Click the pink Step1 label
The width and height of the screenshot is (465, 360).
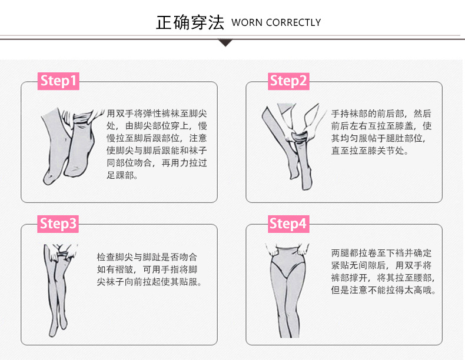[x=58, y=81]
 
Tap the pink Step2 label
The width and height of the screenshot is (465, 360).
[x=288, y=81]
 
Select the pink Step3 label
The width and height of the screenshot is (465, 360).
[x=58, y=224]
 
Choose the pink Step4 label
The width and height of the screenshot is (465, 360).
[x=288, y=224]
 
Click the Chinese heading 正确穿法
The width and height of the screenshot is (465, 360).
[x=190, y=22]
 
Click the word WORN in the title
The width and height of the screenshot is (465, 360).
[x=247, y=23]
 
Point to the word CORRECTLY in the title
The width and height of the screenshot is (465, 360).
[x=293, y=23]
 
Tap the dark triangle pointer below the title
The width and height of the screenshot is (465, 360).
[x=226, y=42]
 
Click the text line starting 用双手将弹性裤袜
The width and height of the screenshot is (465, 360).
[x=157, y=113]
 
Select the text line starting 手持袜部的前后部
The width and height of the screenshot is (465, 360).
[x=381, y=114]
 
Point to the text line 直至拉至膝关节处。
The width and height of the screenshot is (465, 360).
[x=369, y=151]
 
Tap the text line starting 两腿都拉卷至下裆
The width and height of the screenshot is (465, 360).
[x=381, y=253]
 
